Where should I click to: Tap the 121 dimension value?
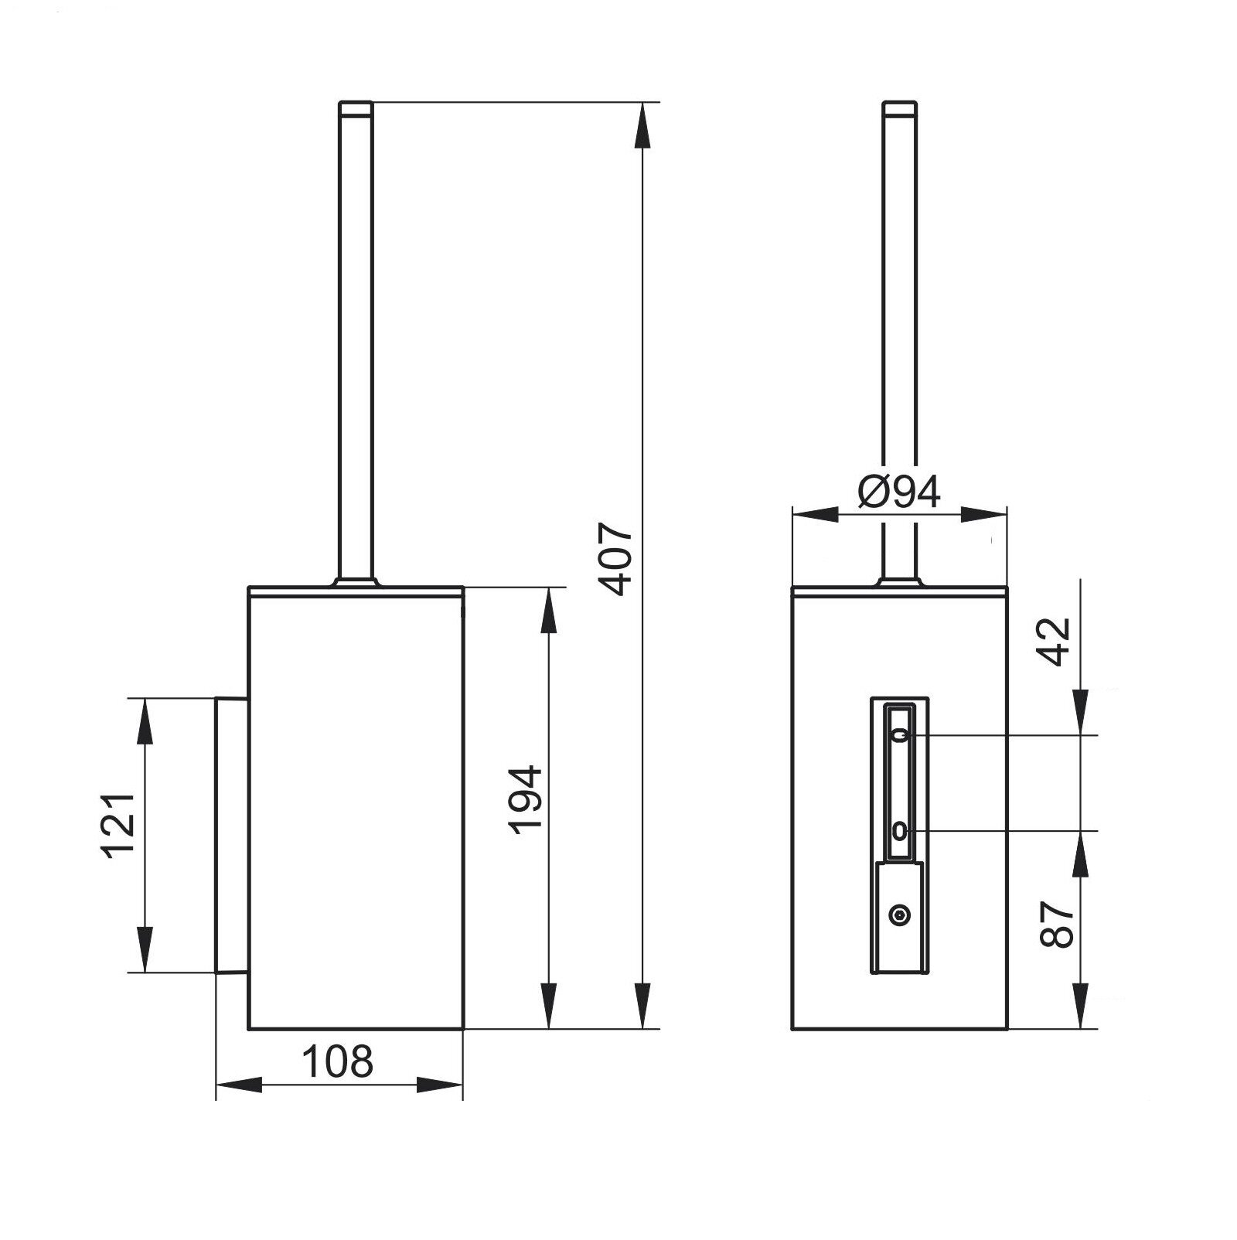pyautogui.click(x=120, y=825)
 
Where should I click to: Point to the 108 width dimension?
pyautogui.click(x=337, y=1061)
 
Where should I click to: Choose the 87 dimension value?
pyautogui.click(x=1056, y=925)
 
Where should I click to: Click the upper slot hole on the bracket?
pyautogui.click(x=898, y=735)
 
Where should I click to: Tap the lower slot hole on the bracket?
pyautogui.click(x=898, y=832)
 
